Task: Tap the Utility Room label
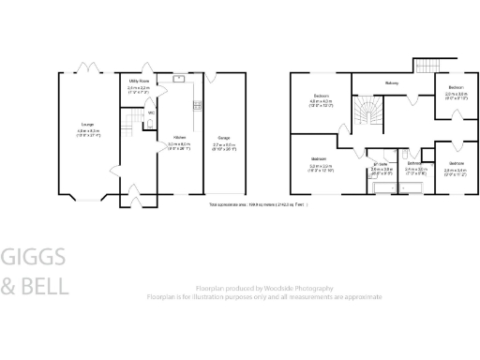140,82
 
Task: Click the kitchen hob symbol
197,105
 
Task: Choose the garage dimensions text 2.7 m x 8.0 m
225,145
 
